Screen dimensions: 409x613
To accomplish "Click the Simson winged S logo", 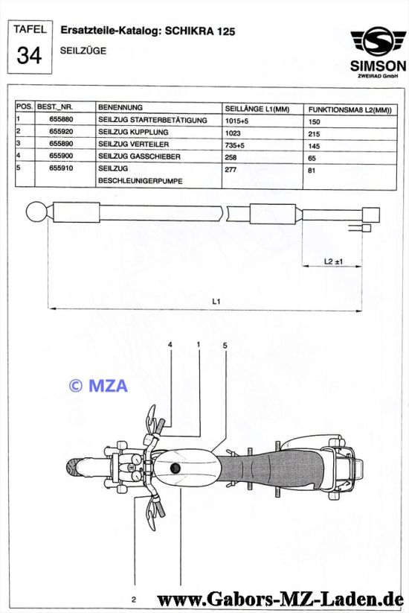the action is (x=378, y=41).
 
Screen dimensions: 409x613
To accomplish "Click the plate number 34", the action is (x=29, y=55).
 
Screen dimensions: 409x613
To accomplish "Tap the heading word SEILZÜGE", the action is (x=83, y=51).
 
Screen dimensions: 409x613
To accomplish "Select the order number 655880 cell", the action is (x=61, y=119).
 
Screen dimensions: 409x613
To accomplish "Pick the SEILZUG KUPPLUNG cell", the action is (x=133, y=132).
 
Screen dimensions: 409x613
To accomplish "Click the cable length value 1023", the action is (x=233, y=133).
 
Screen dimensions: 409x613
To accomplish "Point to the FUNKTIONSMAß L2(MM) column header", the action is (x=350, y=109).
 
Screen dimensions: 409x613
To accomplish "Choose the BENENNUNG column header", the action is (x=120, y=107).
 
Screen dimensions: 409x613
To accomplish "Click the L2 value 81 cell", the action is (x=312, y=171).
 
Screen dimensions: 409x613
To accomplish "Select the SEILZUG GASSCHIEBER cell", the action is (x=139, y=156).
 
